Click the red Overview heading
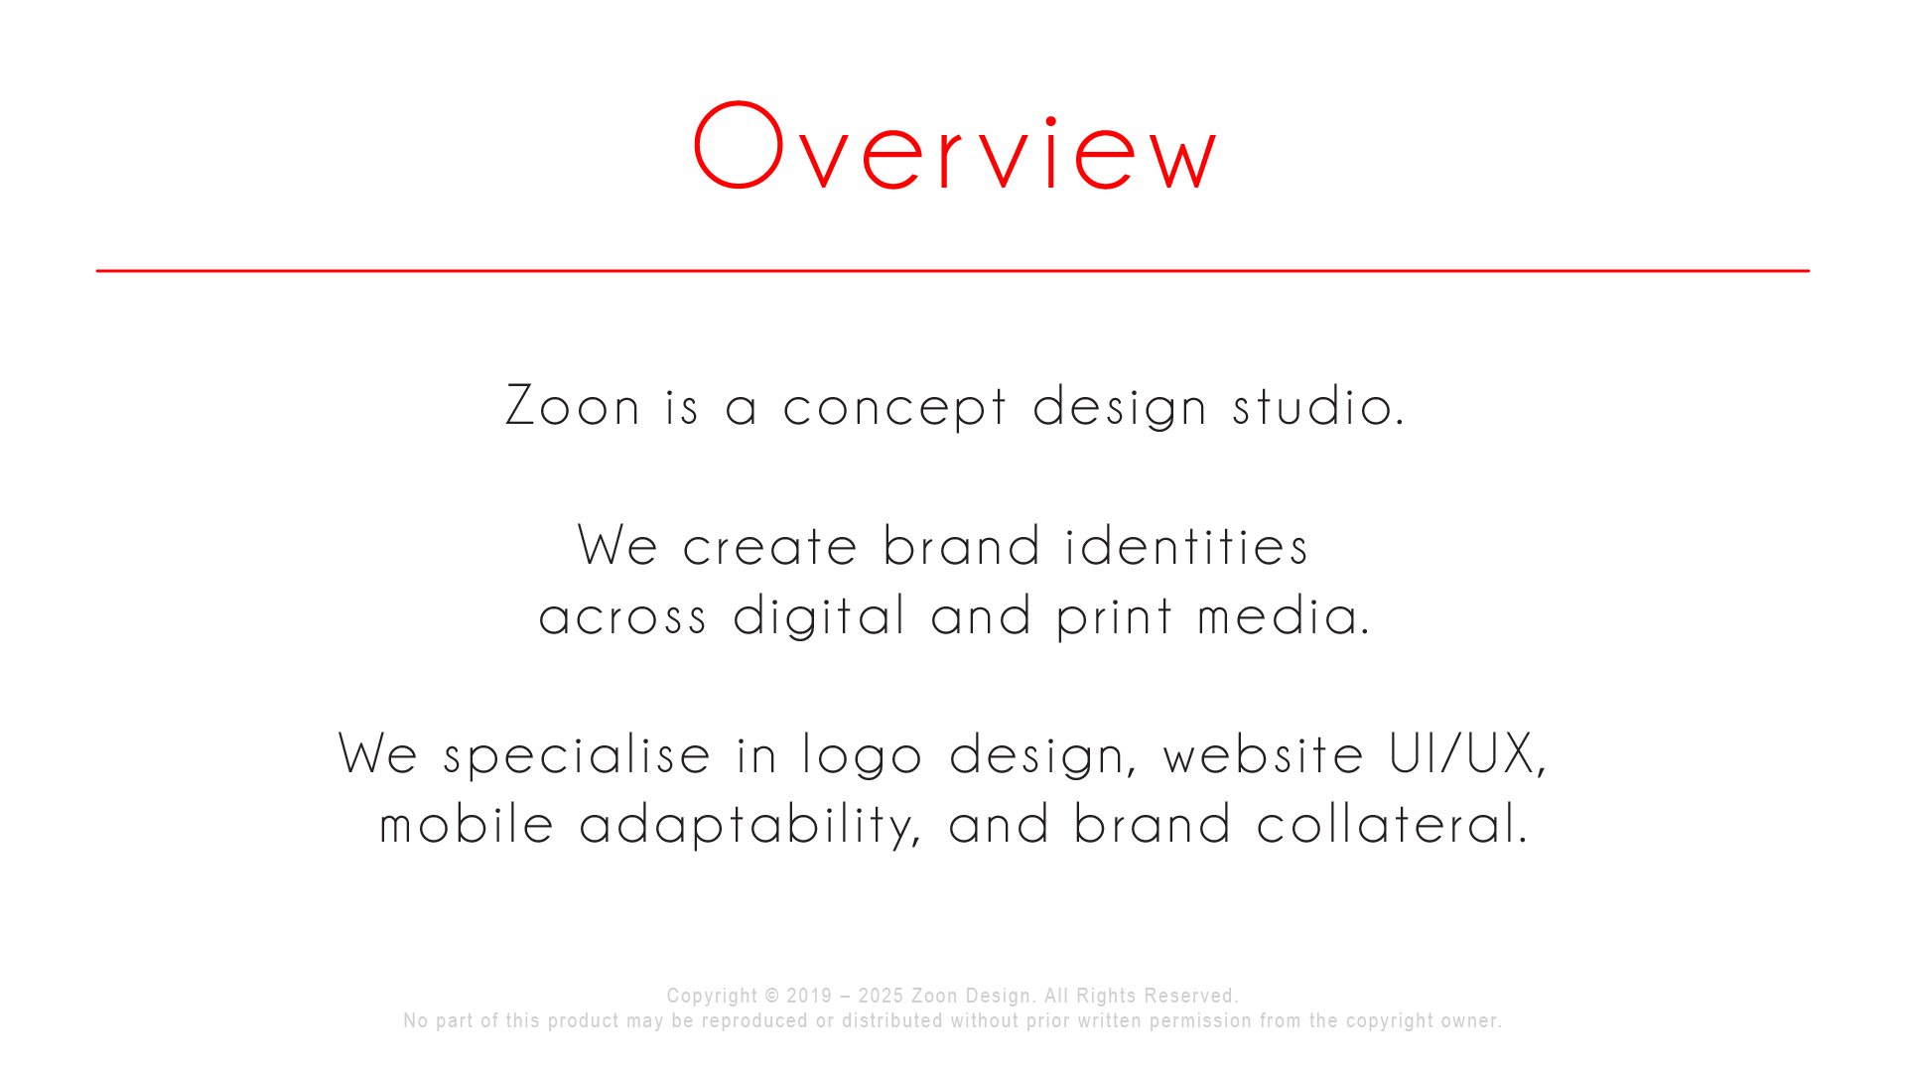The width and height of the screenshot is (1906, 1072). click(954, 147)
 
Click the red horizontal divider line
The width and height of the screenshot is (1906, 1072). click(953, 270)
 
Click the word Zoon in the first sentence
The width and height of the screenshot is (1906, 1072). click(573, 407)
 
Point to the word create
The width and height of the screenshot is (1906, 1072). click(769, 547)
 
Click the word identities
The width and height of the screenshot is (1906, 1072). click(1186, 547)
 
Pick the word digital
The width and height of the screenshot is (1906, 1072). click(819, 617)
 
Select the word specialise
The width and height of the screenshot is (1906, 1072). click(577, 756)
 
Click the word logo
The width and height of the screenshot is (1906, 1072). click(863, 756)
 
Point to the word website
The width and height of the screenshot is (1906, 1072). click(1264, 755)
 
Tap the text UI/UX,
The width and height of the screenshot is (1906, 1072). click(1467, 755)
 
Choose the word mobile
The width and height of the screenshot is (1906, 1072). click(467, 826)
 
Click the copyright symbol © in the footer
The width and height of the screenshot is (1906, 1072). click(772, 996)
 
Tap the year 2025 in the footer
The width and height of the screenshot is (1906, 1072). click(881, 996)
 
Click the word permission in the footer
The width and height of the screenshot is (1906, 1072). click(1200, 1020)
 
